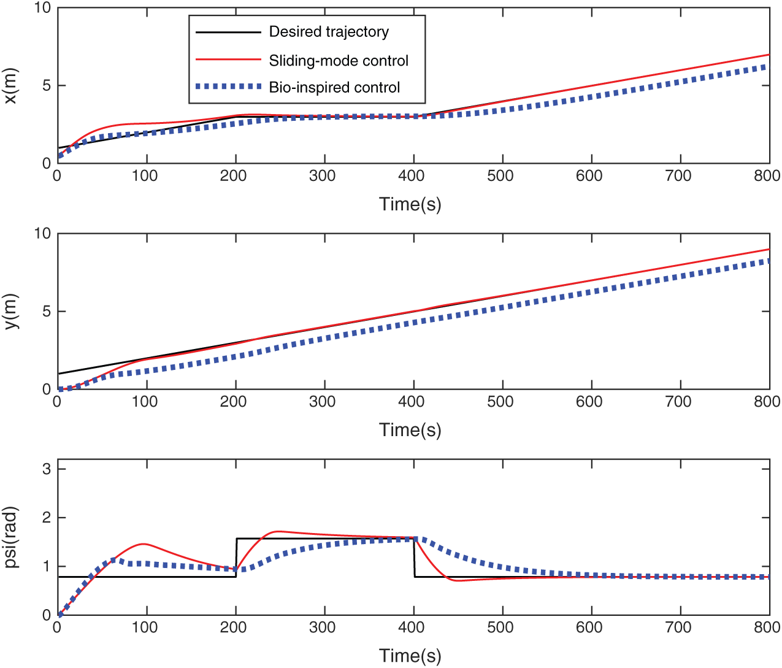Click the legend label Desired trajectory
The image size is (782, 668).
[x=329, y=32]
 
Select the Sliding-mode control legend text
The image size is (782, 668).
[x=339, y=61]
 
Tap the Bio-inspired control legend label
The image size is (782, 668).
[x=334, y=87]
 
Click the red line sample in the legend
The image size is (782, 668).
[x=228, y=60]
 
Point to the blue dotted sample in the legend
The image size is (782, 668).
[x=228, y=86]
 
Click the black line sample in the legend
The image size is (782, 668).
[x=228, y=32]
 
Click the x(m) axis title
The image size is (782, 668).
[x=12, y=86]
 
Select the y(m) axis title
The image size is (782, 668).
[x=12, y=312]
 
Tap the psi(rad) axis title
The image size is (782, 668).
[x=12, y=537]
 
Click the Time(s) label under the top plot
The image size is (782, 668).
[x=410, y=204]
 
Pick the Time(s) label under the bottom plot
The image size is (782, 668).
[x=410, y=656]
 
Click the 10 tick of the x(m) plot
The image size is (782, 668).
[x=43, y=8]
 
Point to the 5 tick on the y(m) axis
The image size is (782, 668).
[x=47, y=312]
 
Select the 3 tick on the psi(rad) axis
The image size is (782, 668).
[x=47, y=469]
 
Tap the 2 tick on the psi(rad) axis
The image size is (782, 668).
[x=47, y=518]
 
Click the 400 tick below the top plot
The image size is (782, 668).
[x=411, y=176]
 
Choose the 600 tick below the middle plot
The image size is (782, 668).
[x=589, y=402]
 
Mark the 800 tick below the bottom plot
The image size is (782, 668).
[x=767, y=628]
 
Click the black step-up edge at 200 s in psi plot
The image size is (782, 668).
[x=236, y=557]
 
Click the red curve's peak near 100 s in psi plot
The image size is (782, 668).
[x=143, y=544]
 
